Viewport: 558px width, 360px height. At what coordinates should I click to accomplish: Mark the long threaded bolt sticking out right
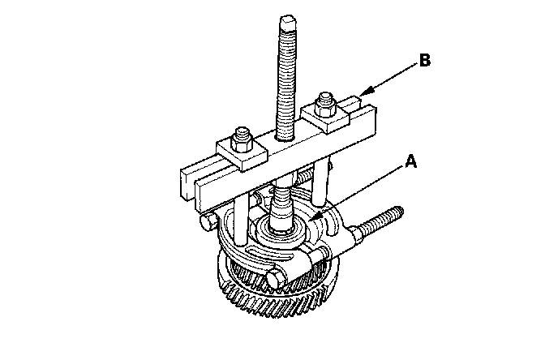point(380,223)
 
